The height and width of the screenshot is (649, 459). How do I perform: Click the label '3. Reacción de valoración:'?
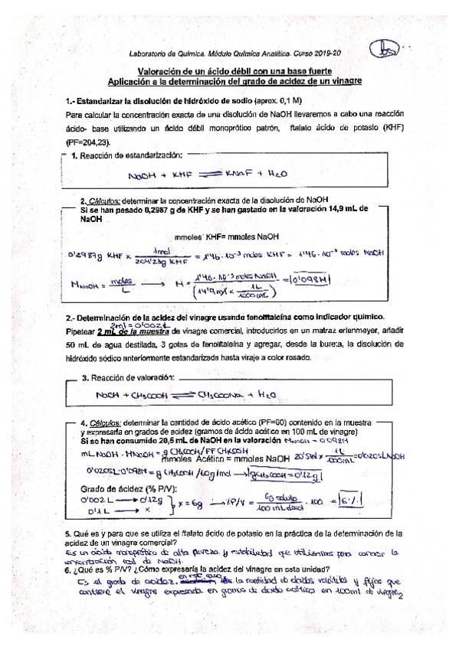point(127,378)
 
